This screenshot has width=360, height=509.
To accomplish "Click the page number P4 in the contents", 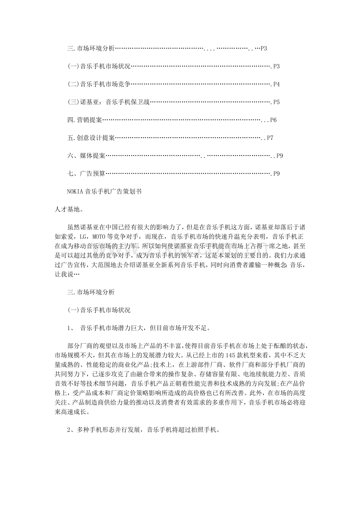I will click(x=276, y=84).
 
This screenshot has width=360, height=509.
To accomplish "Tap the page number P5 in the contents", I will click(x=276, y=102).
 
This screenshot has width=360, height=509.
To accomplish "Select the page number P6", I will click(x=274, y=120).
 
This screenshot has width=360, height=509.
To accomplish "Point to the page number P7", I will click(x=270, y=138).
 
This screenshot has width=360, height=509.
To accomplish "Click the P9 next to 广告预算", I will click(x=276, y=174).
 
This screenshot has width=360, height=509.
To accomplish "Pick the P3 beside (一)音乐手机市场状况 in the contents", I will click(x=276, y=66).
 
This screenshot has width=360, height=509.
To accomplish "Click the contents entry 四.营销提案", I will click(x=85, y=120).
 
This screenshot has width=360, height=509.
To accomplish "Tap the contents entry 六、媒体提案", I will click(x=86, y=156).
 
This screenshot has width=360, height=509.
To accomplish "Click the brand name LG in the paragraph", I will click(x=83, y=236).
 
